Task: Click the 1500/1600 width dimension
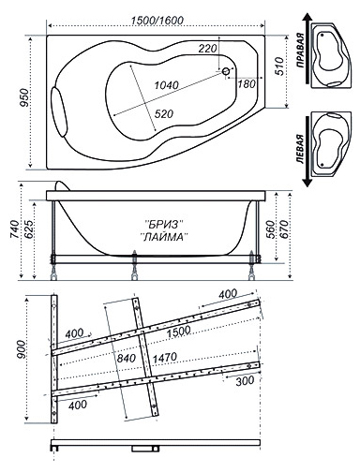click(x=157, y=21)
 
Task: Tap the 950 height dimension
click(x=24, y=97)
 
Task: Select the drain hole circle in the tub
click(x=226, y=71)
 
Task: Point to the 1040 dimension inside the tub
click(x=167, y=85)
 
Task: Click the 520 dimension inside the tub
click(x=164, y=114)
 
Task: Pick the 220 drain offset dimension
click(x=207, y=49)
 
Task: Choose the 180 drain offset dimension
click(x=247, y=83)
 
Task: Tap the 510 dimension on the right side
click(x=279, y=66)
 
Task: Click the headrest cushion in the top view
click(x=60, y=112)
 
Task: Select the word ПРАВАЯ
click(x=300, y=51)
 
